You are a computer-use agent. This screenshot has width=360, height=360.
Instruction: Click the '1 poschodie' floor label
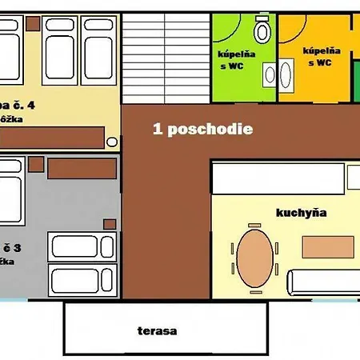coord(203,129)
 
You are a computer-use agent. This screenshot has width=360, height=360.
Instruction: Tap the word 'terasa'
coord(156,330)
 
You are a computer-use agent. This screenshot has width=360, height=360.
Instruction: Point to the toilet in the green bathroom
coord(262,32)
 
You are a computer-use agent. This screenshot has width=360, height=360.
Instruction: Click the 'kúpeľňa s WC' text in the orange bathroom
coord(322,55)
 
